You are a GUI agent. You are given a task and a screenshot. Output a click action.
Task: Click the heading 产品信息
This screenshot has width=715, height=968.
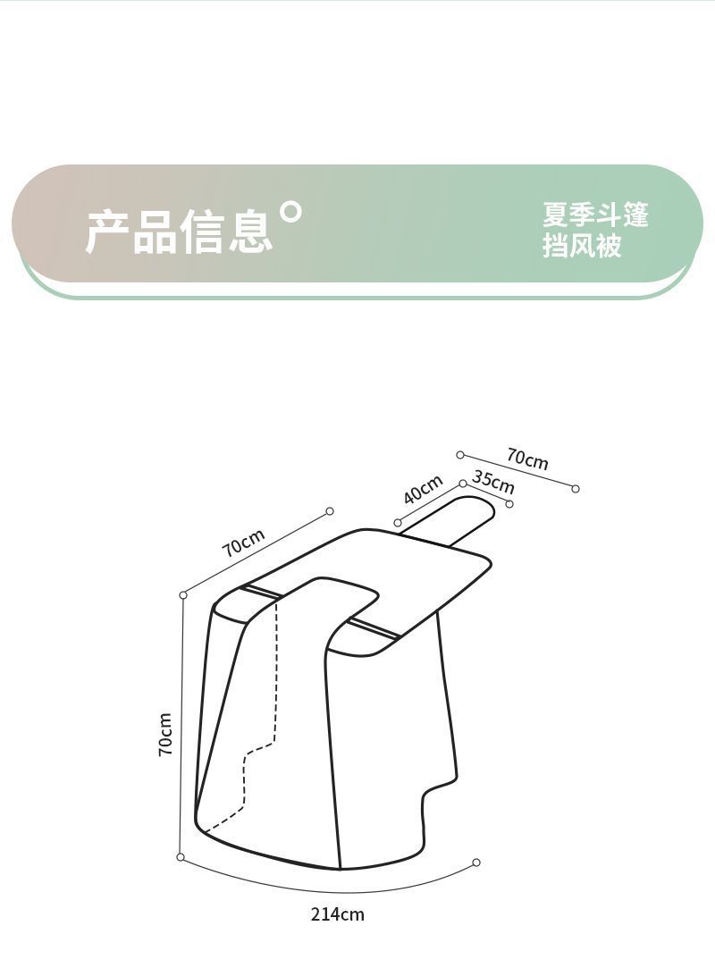tap(179, 231)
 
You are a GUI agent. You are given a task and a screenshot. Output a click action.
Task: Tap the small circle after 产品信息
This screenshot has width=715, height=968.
tap(291, 212)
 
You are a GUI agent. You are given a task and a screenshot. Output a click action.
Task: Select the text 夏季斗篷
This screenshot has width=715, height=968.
tap(595, 215)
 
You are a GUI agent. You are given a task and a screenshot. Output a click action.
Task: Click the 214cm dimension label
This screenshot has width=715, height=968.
tap(338, 913)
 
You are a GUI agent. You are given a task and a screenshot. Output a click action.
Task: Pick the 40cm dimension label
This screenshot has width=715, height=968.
tap(423, 489)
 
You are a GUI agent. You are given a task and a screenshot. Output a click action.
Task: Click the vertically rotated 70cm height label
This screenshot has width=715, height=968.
tap(166, 734)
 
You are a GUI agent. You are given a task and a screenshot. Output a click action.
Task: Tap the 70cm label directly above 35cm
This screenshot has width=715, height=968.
tap(527, 459)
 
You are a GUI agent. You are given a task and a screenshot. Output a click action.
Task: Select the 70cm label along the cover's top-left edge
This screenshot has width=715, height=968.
tap(244, 543)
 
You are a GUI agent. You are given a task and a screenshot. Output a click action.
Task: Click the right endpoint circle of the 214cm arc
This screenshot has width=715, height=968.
tap(476, 863)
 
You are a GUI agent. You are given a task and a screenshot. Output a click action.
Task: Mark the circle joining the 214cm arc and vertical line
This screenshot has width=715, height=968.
tap(181, 857)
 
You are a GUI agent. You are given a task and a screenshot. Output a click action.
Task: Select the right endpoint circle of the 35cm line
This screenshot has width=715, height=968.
tap(509, 504)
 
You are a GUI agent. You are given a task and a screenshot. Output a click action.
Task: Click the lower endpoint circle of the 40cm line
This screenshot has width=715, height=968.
tap(398, 523)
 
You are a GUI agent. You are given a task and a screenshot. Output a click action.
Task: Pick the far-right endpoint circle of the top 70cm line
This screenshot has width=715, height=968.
tap(576, 489)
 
